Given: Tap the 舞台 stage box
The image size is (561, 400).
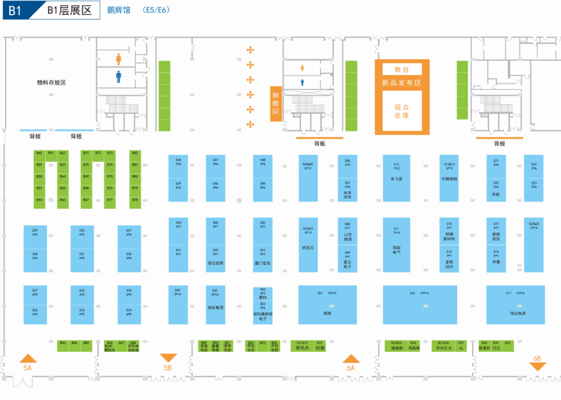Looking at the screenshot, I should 402,69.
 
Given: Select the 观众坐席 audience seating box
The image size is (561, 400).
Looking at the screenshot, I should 402,111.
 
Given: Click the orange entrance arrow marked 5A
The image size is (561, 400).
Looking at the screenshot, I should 28,358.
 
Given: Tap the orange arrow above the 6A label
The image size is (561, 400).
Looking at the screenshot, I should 351,358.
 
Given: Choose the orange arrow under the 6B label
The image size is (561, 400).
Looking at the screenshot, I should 538,366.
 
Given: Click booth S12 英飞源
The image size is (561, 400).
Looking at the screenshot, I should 396,178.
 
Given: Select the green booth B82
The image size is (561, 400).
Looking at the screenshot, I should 135,153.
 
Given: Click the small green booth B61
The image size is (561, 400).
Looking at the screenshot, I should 51,153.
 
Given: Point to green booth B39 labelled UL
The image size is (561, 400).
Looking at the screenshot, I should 461,346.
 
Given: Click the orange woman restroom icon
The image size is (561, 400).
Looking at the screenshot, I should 118,59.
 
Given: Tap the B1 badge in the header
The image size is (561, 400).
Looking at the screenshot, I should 15,10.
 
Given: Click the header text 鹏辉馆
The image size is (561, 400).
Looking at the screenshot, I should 119,10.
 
